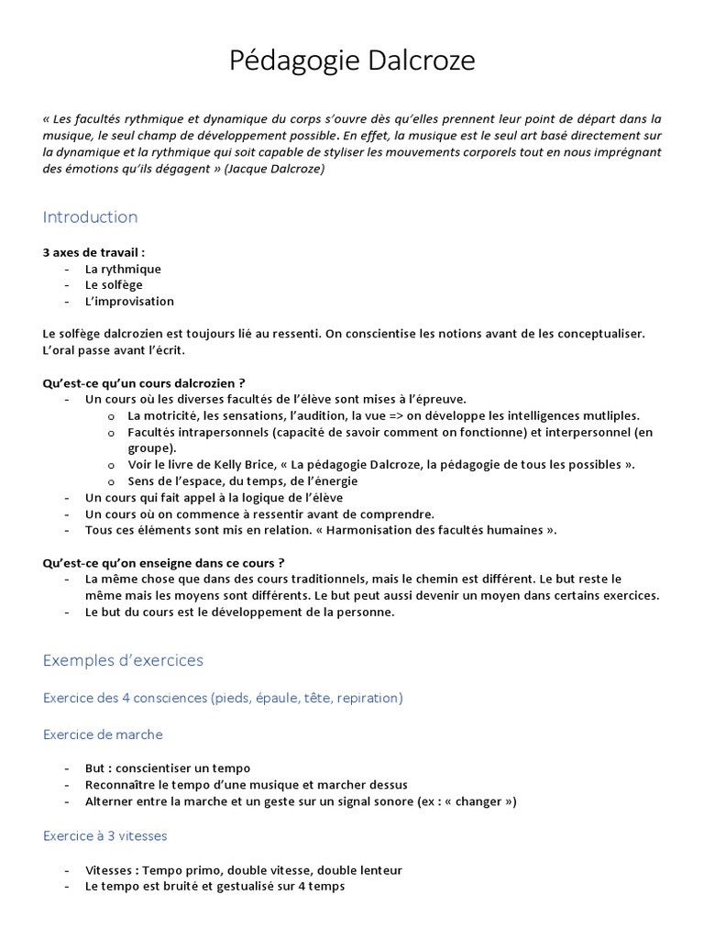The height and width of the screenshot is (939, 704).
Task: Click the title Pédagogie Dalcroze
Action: pos(352,61)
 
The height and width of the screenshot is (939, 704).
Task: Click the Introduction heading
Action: pos(90,217)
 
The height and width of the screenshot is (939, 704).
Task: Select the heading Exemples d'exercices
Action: pos(123,660)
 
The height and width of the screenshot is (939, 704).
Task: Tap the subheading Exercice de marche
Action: pos(103,735)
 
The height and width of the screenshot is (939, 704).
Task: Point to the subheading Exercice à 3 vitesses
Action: pos(104,835)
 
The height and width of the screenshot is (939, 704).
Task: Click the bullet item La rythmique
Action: pos(123,269)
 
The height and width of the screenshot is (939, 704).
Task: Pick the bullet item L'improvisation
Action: pos(129,301)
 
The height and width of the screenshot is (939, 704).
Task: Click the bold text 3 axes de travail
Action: pos(93,252)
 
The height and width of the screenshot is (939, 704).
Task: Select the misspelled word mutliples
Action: pos(611,415)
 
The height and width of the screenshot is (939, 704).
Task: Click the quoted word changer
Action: pos(479,801)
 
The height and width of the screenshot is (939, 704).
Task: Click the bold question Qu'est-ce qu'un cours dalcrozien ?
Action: pos(144,382)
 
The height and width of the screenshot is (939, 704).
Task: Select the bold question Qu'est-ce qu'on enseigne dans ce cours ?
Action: pos(163,562)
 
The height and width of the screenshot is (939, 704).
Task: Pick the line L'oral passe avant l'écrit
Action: pos(119,349)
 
